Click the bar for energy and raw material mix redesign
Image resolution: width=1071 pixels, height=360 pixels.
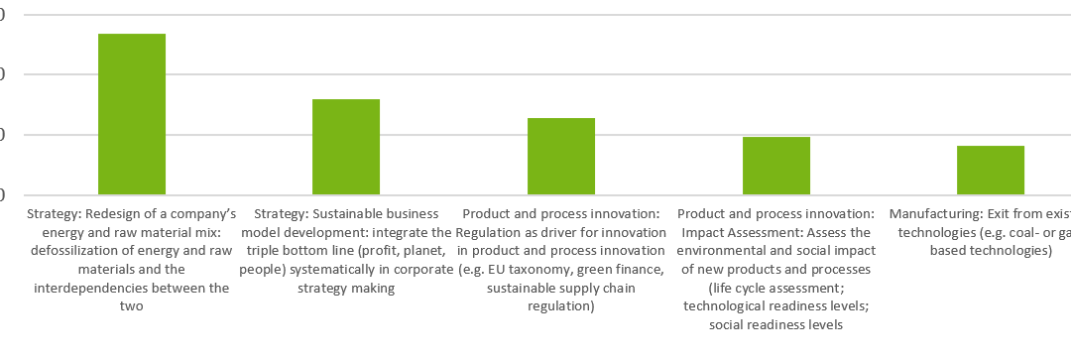(x=132, y=114)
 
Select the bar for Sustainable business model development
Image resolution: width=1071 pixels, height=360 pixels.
(x=346, y=147)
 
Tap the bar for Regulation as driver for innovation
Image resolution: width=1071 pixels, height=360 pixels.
(x=561, y=156)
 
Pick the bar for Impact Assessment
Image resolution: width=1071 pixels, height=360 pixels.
(x=776, y=166)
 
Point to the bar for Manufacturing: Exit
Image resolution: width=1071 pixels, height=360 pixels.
(x=991, y=170)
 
